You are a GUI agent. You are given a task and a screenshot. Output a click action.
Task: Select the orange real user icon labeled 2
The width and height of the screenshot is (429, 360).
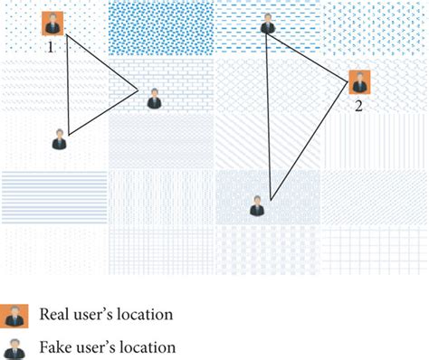[x=359, y=82]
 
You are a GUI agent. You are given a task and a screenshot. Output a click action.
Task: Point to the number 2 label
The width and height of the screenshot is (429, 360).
[x=358, y=105]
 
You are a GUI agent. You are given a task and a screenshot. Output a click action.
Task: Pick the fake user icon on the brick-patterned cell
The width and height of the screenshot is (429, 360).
[x=154, y=99]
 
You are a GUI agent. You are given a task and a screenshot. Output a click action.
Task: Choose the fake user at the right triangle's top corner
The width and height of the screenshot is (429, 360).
[x=267, y=24]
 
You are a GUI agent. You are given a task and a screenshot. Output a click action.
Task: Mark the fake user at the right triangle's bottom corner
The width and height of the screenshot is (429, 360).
[x=258, y=206]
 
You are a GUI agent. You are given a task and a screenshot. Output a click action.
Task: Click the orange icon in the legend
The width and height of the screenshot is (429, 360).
[x=13, y=316]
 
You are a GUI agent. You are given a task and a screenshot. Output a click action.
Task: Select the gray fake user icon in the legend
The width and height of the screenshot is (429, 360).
[x=13, y=347]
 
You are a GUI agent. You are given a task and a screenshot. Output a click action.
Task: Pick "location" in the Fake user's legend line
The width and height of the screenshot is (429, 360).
[x=145, y=347]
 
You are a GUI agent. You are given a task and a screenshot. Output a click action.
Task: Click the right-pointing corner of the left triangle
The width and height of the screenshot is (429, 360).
[x=138, y=89]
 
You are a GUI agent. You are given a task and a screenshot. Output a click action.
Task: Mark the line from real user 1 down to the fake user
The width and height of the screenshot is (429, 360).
[x=62, y=86]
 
